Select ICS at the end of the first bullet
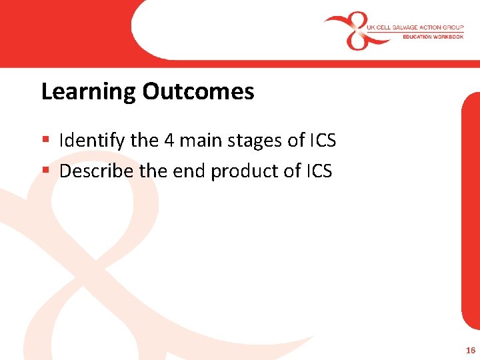click(x=323, y=141)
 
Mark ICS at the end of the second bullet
click(x=319, y=171)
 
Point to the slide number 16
click(x=471, y=350)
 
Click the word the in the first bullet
click(x=144, y=141)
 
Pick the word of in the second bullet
click(x=292, y=171)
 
